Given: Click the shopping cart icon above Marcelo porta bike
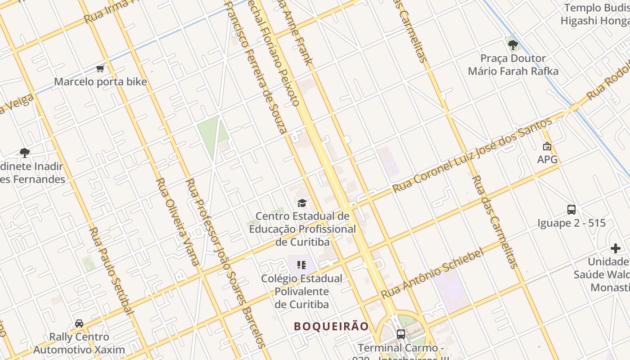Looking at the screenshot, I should (100, 69).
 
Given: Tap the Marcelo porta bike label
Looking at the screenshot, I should (100, 82).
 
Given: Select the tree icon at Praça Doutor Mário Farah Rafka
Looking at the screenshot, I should (513, 45).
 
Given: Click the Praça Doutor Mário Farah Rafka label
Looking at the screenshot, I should (513, 65).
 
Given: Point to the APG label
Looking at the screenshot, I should (547, 159).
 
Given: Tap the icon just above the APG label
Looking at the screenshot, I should (547, 146).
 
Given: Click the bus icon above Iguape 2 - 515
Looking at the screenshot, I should (571, 210).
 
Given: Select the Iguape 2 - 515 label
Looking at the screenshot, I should (571, 223).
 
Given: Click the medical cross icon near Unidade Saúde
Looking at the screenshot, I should (616, 248).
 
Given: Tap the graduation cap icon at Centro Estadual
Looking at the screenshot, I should (302, 203).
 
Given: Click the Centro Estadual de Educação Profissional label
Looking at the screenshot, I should (302, 229).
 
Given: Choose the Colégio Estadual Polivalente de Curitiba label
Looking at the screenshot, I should (301, 291).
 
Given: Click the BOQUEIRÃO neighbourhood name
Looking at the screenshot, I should (332, 326).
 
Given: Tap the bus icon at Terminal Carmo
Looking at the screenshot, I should (400, 334).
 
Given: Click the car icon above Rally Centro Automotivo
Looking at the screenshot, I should (79, 324).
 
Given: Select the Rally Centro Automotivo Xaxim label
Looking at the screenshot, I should (79, 343).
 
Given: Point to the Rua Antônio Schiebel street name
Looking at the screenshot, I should (432, 273).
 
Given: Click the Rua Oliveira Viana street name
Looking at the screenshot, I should (177, 221).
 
